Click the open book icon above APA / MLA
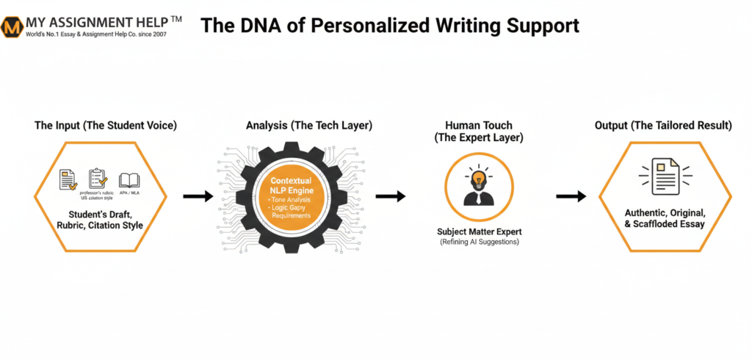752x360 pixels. tap(129, 179)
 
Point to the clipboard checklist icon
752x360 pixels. tap(98, 179)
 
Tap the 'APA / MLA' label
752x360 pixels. tap(129, 192)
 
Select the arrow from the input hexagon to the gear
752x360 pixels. tap(198, 196)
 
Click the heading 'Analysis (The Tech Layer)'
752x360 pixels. tap(309, 126)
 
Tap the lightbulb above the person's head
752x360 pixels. tap(479, 179)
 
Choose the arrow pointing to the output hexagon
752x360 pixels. tap(571, 196)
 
